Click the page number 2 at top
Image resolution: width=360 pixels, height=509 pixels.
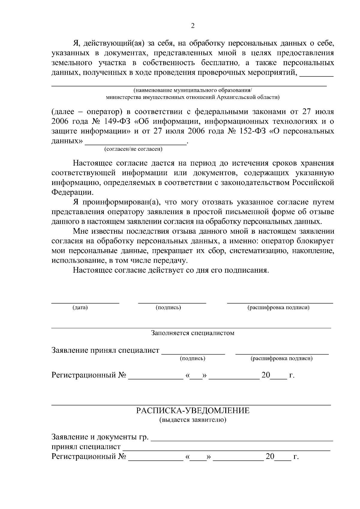coord(193,26)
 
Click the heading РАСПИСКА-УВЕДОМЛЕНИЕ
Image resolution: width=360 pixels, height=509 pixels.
coord(193,411)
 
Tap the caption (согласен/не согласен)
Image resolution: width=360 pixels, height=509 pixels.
coord(133,149)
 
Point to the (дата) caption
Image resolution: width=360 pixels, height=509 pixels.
coord(80,308)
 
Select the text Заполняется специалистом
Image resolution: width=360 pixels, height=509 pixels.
coord(193,333)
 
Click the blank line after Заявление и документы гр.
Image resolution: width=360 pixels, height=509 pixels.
coord(242,440)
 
